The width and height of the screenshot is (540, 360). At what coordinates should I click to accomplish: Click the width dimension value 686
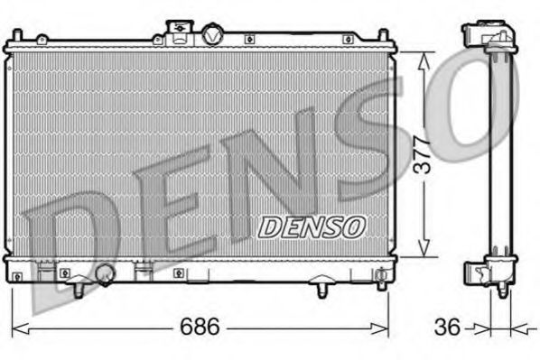[199, 327]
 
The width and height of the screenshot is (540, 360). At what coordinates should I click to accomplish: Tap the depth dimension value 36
[445, 327]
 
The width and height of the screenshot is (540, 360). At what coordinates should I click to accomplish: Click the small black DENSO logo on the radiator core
[312, 226]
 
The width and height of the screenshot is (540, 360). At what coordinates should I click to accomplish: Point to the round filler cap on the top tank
[210, 35]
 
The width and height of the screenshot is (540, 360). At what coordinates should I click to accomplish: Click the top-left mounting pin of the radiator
[40, 38]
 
